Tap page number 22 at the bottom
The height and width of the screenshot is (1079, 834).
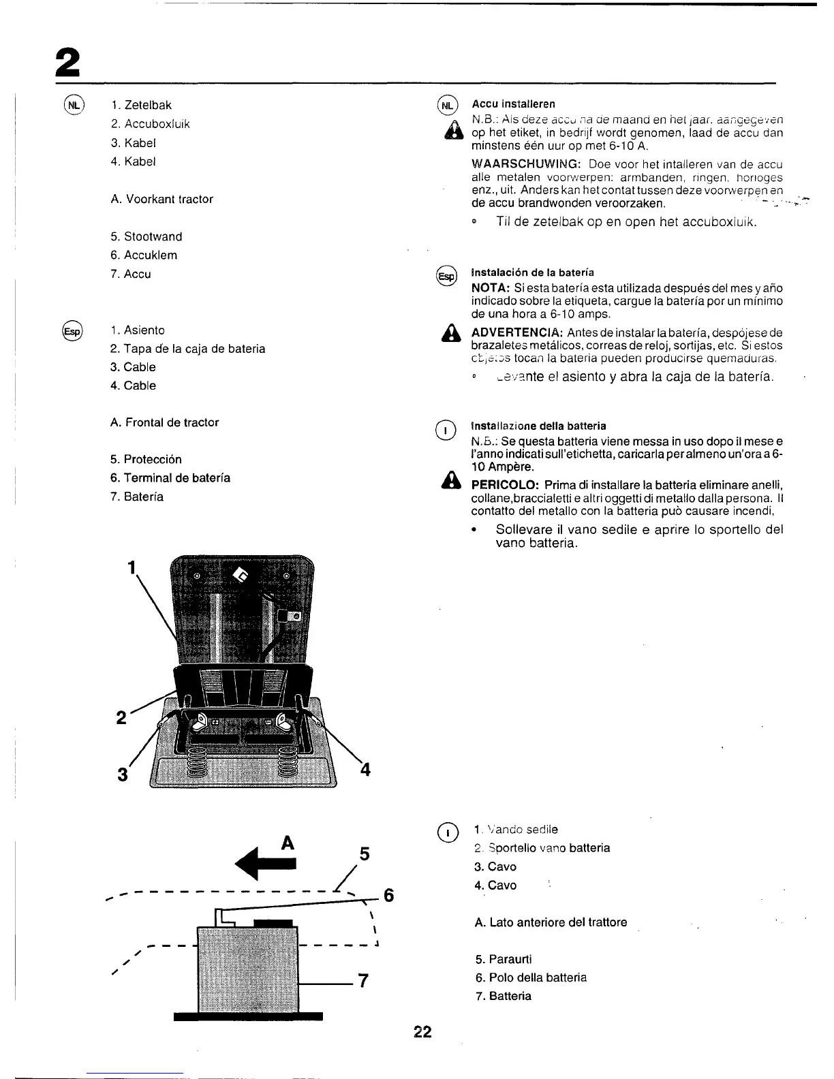422,1032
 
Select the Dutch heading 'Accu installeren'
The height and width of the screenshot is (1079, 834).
514,104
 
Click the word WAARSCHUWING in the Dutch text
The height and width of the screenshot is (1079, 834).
525,164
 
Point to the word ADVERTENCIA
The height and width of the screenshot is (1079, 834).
516,332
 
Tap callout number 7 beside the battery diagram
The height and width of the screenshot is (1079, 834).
363,981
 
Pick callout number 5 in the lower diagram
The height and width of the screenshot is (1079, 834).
365,854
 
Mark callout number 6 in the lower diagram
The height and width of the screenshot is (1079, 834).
388,895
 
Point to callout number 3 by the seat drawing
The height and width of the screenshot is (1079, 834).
123,775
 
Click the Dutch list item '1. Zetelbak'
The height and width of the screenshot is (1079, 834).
141,106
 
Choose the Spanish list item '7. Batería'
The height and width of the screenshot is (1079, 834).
137,497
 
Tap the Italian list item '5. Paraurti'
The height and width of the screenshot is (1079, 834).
504,959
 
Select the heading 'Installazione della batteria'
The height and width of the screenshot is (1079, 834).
538,426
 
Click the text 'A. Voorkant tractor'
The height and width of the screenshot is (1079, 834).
161,200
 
